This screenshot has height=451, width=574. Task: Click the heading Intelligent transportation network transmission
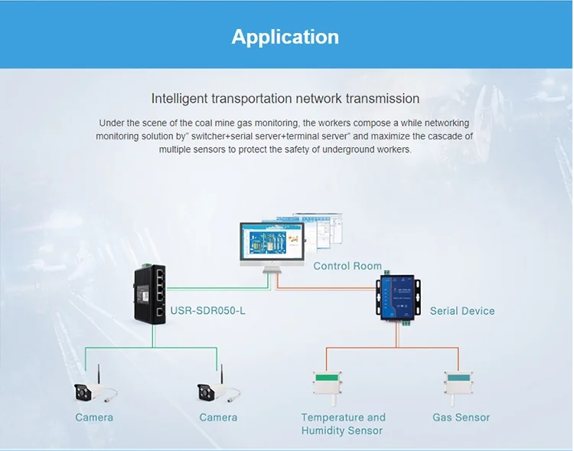(285, 99)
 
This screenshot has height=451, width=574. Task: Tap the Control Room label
(347, 266)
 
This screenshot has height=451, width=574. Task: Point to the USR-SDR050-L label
(207, 311)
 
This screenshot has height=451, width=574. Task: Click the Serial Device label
(462, 311)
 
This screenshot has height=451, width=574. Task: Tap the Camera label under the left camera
(94, 417)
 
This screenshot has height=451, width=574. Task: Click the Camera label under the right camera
(218, 417)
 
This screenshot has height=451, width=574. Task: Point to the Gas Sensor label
(461, 417)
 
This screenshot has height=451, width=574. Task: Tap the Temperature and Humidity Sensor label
(343, 423)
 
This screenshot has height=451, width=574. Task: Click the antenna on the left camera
(97, 374)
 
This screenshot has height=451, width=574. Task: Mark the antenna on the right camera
(221, 374)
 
